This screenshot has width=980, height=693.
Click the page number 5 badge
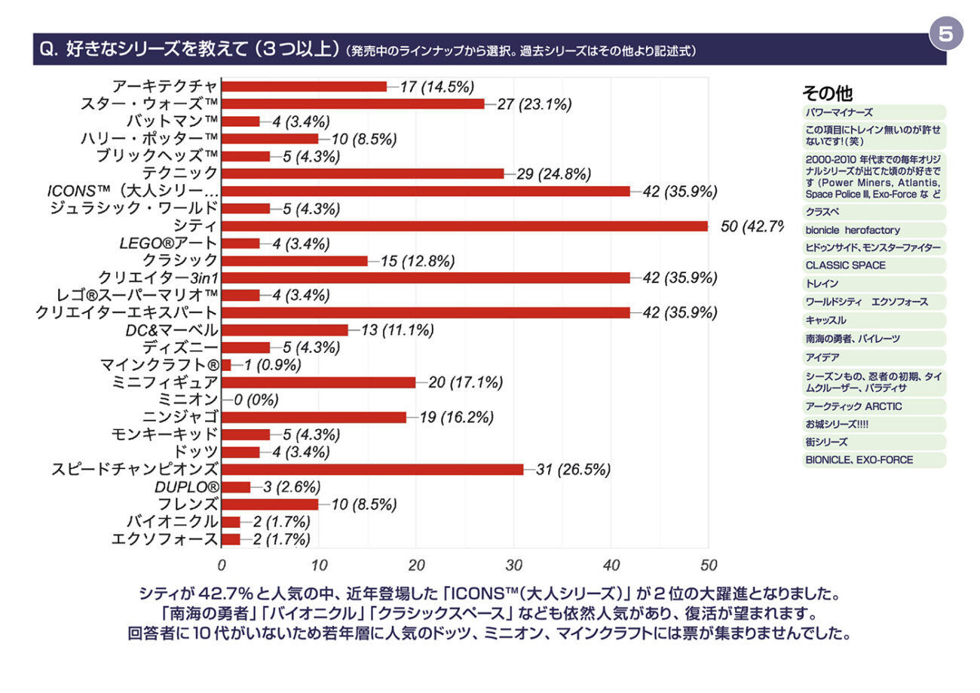tap(946, 34)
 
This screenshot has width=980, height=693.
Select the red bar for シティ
tap(464, 226)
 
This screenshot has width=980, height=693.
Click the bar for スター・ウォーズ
tap(353, 104)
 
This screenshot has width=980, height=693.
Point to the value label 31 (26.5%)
tap(573, 470)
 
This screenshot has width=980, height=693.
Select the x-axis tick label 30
tap(513, 565)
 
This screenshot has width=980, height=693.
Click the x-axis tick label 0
tap(222, 565)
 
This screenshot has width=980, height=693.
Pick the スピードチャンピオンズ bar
tap(372, 470)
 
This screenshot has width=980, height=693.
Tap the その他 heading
tap(827, 94)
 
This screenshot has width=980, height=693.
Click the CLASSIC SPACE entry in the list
tap(845, 265)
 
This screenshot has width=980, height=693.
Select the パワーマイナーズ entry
tap(839, 112)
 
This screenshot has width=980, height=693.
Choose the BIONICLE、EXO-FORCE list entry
tap(859, 460)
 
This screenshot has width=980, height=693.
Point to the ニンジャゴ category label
tap(181, 417)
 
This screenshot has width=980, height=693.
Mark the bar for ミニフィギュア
tap(318, 382)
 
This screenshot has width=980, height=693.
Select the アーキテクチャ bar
tap(304, 87)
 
